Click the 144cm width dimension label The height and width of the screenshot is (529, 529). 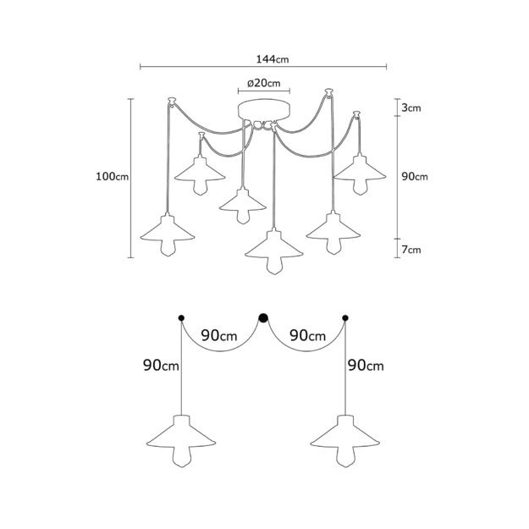(x=273, y=59)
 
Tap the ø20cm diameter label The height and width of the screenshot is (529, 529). (x=263, y=83)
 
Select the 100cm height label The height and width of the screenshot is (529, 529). (x=113, y=176)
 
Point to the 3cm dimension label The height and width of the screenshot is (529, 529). (x=411, y=108)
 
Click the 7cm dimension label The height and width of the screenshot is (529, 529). (x=411, y=250)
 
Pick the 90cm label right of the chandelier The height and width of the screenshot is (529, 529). (x=415, y=176)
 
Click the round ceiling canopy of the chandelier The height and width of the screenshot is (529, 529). (x=264, y=109)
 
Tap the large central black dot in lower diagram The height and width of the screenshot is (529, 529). (x=263, y=317)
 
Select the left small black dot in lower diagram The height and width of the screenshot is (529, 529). (x=181, y=317)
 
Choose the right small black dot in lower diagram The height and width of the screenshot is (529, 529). (x=345, y=317)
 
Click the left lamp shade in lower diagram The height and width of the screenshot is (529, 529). (x=181, y=433)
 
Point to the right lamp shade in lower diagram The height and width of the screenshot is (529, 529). (x=345, y=433)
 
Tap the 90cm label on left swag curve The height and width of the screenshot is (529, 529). (x=219, y=336)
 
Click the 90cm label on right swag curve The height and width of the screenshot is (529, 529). (x=308, y=336)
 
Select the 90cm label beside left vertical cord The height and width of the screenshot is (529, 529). (x=161, y=366)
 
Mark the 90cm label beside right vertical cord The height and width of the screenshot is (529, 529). (x=366, y=366)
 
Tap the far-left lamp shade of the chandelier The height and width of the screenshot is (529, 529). (x=168, y=229)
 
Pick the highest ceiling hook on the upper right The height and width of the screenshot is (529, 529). (x=329, y=91)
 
